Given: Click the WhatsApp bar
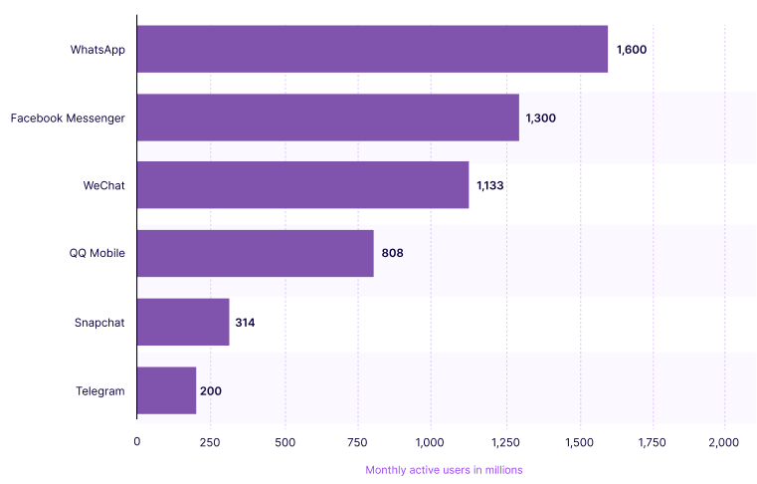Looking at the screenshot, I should pos(372,50).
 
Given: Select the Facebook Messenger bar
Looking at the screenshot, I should pos(328,118).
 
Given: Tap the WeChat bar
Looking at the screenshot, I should pos(302,185).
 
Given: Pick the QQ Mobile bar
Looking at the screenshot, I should pos(256,253).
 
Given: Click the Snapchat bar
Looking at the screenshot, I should pos(183,322).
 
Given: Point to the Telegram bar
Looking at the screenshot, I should pos(166,390).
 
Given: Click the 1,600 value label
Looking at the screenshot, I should pos(632,50).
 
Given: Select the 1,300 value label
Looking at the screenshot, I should pos(540,118).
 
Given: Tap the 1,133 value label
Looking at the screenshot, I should pos(490,185).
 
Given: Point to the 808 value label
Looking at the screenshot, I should pos(392,253).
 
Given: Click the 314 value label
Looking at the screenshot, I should pos(246,322).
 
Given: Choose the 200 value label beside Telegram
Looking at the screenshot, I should pos(210,390).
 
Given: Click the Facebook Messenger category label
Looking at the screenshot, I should pos(68,118).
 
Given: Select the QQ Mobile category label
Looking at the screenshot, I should pos(97,253).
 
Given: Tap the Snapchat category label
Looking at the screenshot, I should pos(99,322).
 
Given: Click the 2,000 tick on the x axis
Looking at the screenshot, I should pos(723,441).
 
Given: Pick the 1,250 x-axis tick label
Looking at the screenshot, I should pos(504,441).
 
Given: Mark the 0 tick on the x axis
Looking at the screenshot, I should pos(137,441).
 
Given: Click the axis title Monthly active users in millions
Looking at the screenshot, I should pos(444,469).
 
